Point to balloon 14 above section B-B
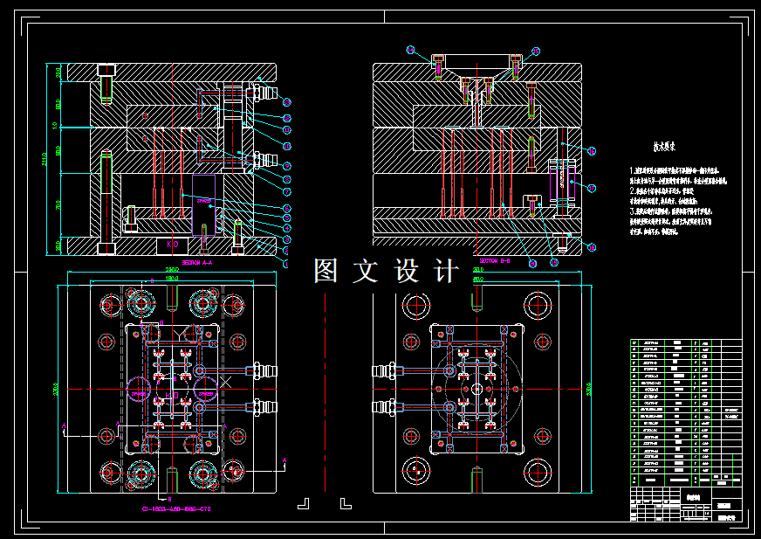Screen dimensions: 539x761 click(x=410, y=50)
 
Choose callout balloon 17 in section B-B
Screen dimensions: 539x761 click(x=592, y=187)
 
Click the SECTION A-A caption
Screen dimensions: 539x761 click(x=198, y=261)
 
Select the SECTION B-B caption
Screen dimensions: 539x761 click(x=494, y=261)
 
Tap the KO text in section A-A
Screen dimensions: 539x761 click(x=172, y=245)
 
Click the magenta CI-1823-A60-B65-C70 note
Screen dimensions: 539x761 click(x=177, y=508)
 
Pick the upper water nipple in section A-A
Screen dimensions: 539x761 click(x=265, y=91)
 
